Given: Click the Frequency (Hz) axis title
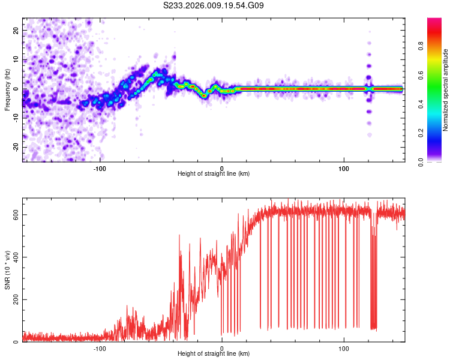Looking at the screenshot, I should (7, 89).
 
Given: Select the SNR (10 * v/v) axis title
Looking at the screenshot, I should (7, 270).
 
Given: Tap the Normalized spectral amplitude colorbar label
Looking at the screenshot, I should (446, 89).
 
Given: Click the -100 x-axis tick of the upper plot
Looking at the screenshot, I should (100, 168).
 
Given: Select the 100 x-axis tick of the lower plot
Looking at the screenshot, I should (344, 349).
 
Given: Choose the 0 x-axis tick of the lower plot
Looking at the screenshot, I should (222, 349).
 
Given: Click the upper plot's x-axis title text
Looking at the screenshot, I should (214, 174).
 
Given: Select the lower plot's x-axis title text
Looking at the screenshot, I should (214, 355).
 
